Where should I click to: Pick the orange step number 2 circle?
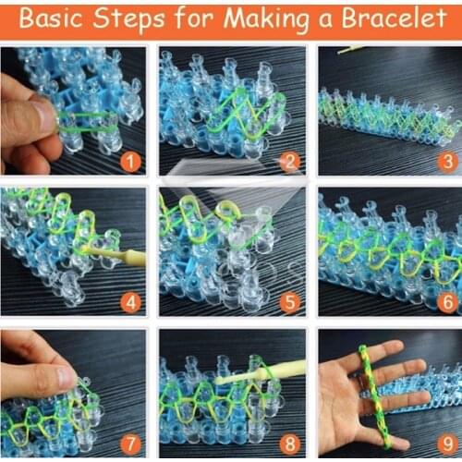pyautogui.click(x=290, y=163)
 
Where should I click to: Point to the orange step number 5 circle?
pyautogui.click(x=289, y=302)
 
